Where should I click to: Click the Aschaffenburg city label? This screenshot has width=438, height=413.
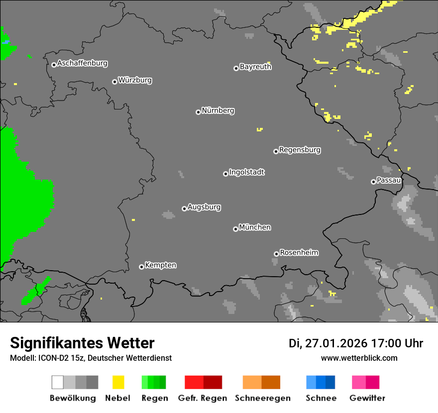pyautogui.click(x=82, y=64)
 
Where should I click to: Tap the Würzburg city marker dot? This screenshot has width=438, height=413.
pyautogui.click(x=114, y=82)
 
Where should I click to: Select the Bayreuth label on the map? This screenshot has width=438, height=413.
pyautogui.click(x=255, y=67)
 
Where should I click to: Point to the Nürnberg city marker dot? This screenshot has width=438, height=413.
pyautogui.click(x=198, y=112)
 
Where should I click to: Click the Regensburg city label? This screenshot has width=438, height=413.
pyautogui.click(x=300, y=150)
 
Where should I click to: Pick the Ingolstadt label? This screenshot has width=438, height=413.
pyautogui.click(x=246, y=172)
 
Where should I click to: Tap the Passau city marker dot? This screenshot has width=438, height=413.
pyautogui.click(x=373, y=182)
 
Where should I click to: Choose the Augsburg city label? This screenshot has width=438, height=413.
pyautogui.click(x=204, y=207)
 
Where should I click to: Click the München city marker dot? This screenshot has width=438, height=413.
pyautogui.click(x=235, y=229)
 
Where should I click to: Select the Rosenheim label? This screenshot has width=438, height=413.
pyautogui.click(x=299, y=253)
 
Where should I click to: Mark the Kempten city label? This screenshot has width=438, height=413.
pyautogui.click(x=160, y=265)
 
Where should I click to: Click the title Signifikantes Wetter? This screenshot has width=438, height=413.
pyautogui.click(x=82, y=343)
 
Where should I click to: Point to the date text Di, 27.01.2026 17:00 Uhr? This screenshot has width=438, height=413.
pyautogui.click(x=356, y=343)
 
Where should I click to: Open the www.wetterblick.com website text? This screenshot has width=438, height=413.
pyautogui.click(x=359, y=358)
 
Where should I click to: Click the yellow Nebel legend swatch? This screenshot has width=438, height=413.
pyautogui.click(x=118, y=382)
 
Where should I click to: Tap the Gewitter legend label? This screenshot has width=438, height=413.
pyautogui.click(x=367, y=398)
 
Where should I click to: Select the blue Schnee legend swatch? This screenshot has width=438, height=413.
pyautogui.click(x=321, y=382)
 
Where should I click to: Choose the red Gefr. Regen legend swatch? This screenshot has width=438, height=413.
pyautogui.click(x=203, y=382)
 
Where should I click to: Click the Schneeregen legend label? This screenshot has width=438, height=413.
pyautogui.click(x=262, y=398)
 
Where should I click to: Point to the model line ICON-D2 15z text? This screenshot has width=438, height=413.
pyautogui.click(x=91, y=358)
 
